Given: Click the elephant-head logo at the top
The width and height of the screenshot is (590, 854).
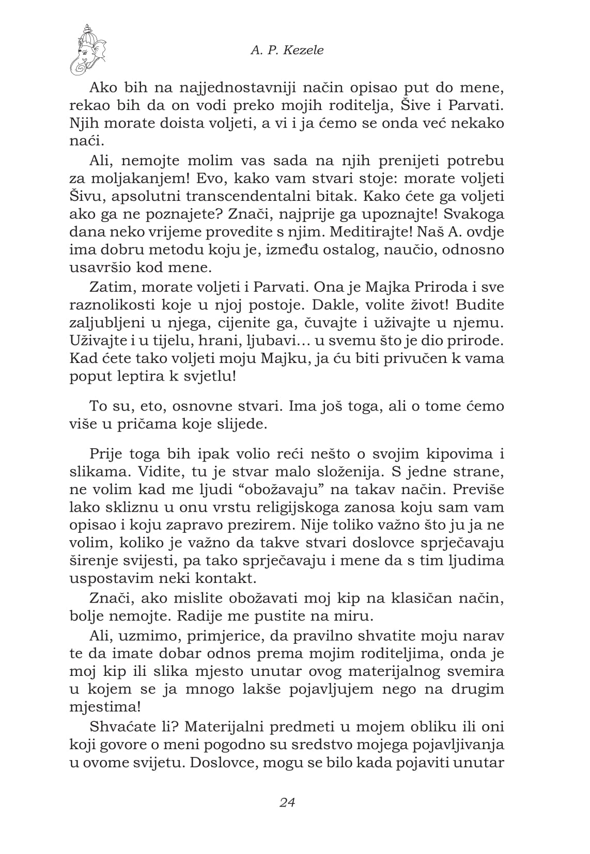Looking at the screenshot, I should click(88, 49).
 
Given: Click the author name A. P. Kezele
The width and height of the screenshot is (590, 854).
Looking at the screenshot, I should click(287, 50).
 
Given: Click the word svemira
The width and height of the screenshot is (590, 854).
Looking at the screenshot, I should click(472, 671).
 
